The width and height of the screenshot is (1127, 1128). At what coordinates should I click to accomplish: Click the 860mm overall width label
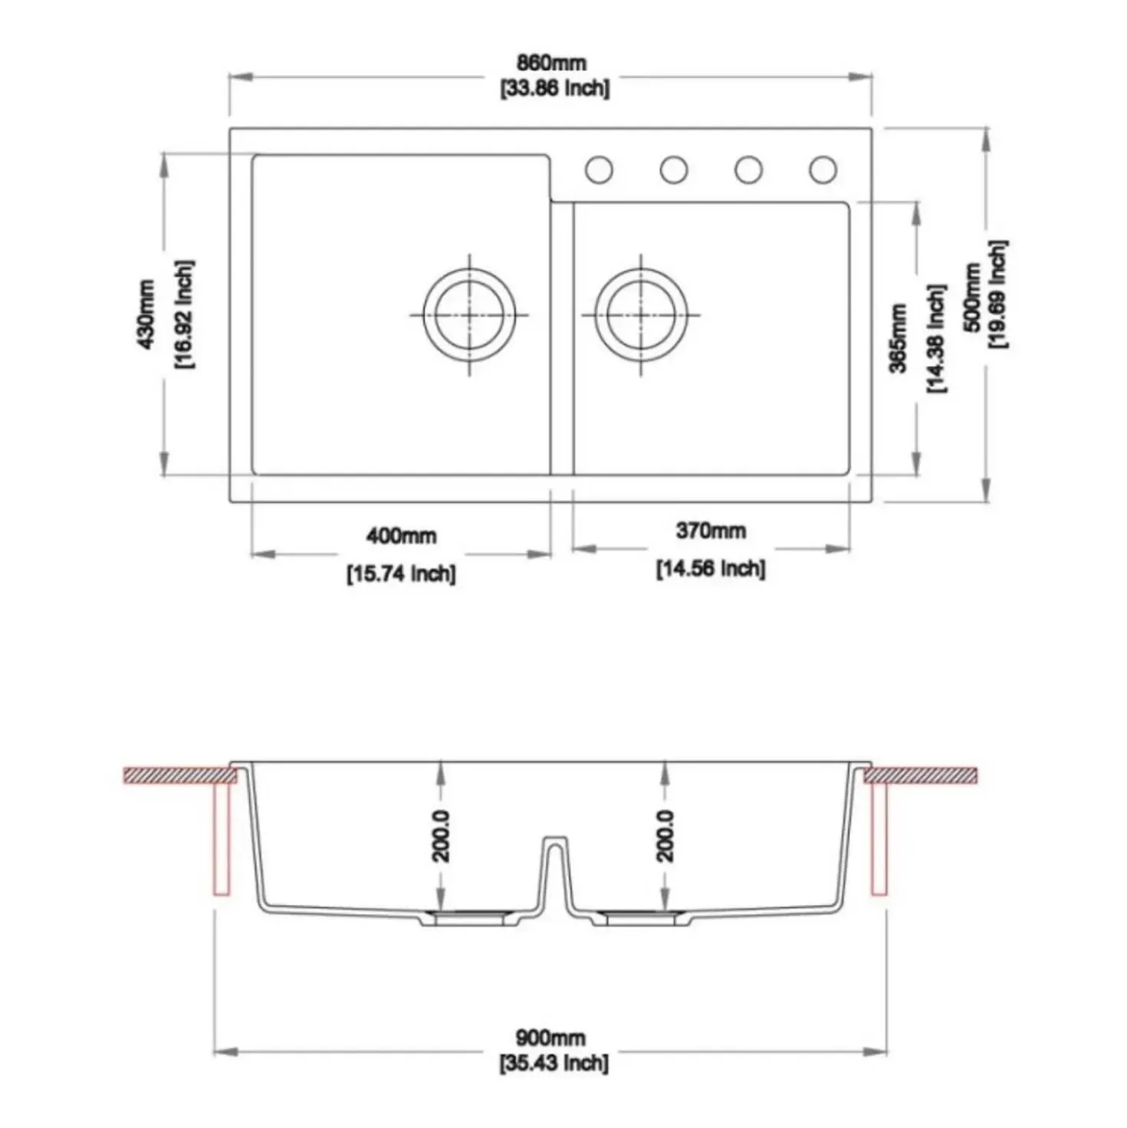click(551, 63)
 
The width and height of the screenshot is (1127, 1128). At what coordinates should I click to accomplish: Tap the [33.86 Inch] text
click(554, 88)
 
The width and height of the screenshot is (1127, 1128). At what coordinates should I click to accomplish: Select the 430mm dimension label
click(146, 314)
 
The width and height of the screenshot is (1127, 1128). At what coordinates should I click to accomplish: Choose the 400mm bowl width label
click(402, 535)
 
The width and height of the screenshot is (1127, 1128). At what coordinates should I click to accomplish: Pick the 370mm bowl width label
click(711, 531)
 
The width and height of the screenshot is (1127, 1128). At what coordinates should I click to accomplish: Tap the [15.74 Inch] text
click(401, 573)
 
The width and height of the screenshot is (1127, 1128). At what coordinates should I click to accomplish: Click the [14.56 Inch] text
click(710, 568)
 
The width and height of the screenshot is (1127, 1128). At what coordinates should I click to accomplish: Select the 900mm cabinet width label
click(550, 1038)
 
